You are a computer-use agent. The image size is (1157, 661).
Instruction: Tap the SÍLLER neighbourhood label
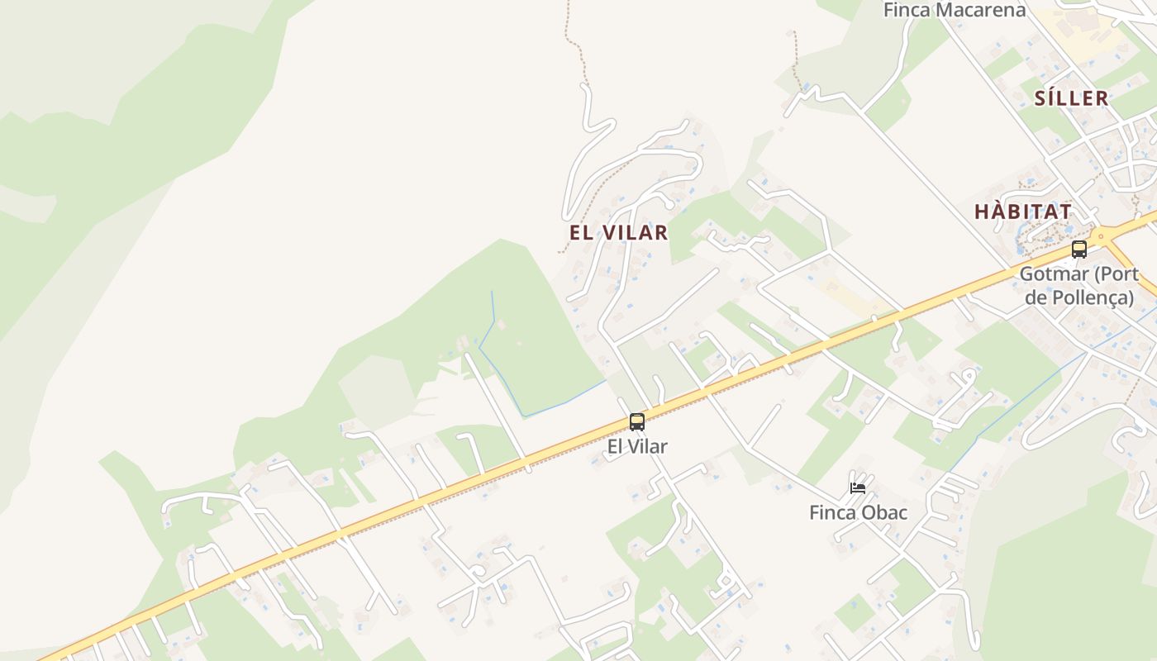[1071, 98]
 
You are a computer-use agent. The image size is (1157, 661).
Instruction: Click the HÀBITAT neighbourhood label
[1023, 212]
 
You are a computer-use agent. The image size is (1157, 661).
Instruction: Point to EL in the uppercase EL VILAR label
[581, 232]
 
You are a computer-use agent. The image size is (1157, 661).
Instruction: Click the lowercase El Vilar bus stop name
[637, 446]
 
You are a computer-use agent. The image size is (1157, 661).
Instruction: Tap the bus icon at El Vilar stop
[636, 422]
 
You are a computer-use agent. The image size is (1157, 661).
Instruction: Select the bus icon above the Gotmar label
[1078, 249]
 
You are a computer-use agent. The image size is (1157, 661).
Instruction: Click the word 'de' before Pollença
[1036, 297]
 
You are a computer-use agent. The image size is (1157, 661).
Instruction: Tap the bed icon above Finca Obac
[858, 487]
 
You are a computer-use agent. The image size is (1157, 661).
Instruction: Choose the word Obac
[884, 512]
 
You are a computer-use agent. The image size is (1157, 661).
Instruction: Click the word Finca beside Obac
[833, 512]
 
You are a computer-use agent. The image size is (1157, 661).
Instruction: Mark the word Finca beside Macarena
[907, 10]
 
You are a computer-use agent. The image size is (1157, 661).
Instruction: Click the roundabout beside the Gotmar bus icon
[1100, 236]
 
